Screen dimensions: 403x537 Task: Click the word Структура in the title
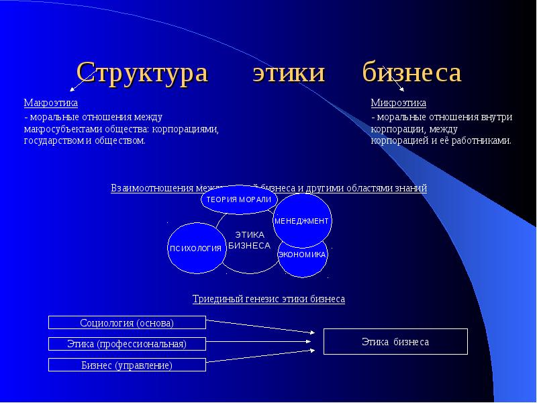(142, 73)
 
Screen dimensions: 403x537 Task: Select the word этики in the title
(289, 73)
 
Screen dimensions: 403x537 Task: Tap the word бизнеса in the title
(412, 73)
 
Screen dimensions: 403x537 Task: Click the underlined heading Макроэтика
(51, 103)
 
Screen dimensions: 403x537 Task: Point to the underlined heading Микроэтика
(399, 103)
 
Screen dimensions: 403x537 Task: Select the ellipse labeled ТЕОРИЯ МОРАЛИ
(238, 199)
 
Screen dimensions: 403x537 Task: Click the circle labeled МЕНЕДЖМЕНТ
(302, 220)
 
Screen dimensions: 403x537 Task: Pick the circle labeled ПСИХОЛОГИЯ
(195, 248)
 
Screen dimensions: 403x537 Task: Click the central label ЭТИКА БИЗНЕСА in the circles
(250, 240)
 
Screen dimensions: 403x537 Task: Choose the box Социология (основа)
(127, 323)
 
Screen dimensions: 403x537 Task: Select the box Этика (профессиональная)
(127, 344)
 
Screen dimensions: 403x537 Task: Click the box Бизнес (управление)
(127, 365)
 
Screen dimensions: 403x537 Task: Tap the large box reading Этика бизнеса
(395, 342)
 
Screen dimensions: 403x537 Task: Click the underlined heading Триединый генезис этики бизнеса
(268, 299)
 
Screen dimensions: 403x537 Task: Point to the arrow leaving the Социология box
(262, 326)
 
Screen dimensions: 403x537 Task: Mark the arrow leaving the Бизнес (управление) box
(262, 357)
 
